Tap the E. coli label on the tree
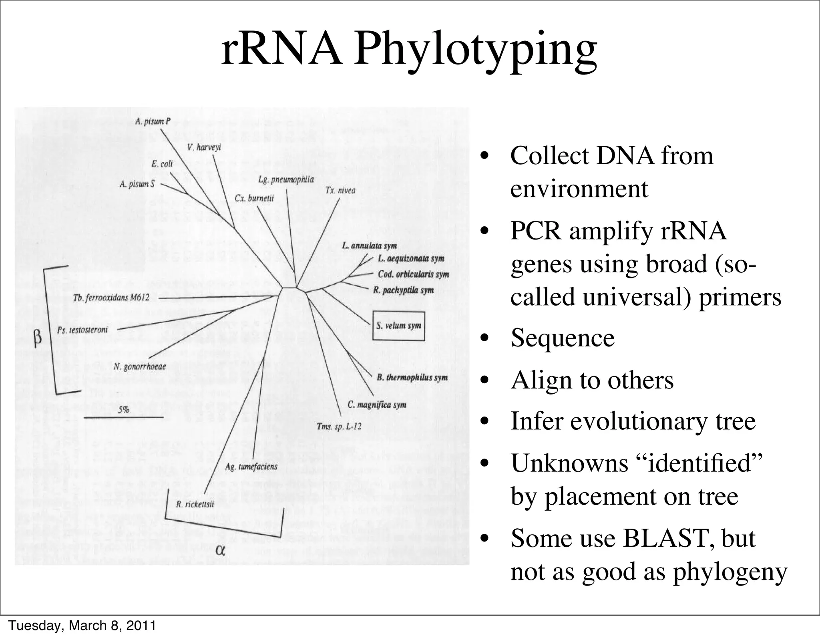pos(162,164)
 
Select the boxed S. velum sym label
pos(398,326)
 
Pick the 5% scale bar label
pos(123,410)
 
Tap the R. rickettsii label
pos(195,504)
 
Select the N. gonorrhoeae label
pos(139,366)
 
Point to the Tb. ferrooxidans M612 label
pos(111,298)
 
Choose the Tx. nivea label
pos(340,190)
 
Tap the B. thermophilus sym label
pos(412,377)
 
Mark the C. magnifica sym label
pos(377,405)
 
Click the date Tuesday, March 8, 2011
pos(82,626)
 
